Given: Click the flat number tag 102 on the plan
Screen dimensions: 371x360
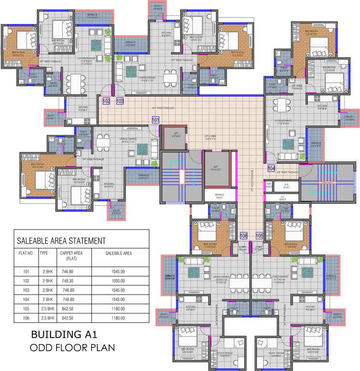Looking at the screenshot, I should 106,101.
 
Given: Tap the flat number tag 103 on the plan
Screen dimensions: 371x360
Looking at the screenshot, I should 120,101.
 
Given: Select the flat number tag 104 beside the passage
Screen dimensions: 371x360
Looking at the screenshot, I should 272,168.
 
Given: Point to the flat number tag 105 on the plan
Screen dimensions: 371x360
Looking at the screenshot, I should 259,235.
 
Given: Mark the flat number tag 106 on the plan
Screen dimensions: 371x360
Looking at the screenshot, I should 244,235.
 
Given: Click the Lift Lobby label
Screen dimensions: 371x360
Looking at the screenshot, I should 209,138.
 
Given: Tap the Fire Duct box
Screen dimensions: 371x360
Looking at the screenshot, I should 269,185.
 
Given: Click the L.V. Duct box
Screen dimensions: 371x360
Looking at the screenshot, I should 282,198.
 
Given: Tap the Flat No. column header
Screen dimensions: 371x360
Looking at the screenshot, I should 26,253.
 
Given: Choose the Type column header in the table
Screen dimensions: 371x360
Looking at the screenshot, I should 44,253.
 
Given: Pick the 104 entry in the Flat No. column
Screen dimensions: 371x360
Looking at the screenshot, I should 26,299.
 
